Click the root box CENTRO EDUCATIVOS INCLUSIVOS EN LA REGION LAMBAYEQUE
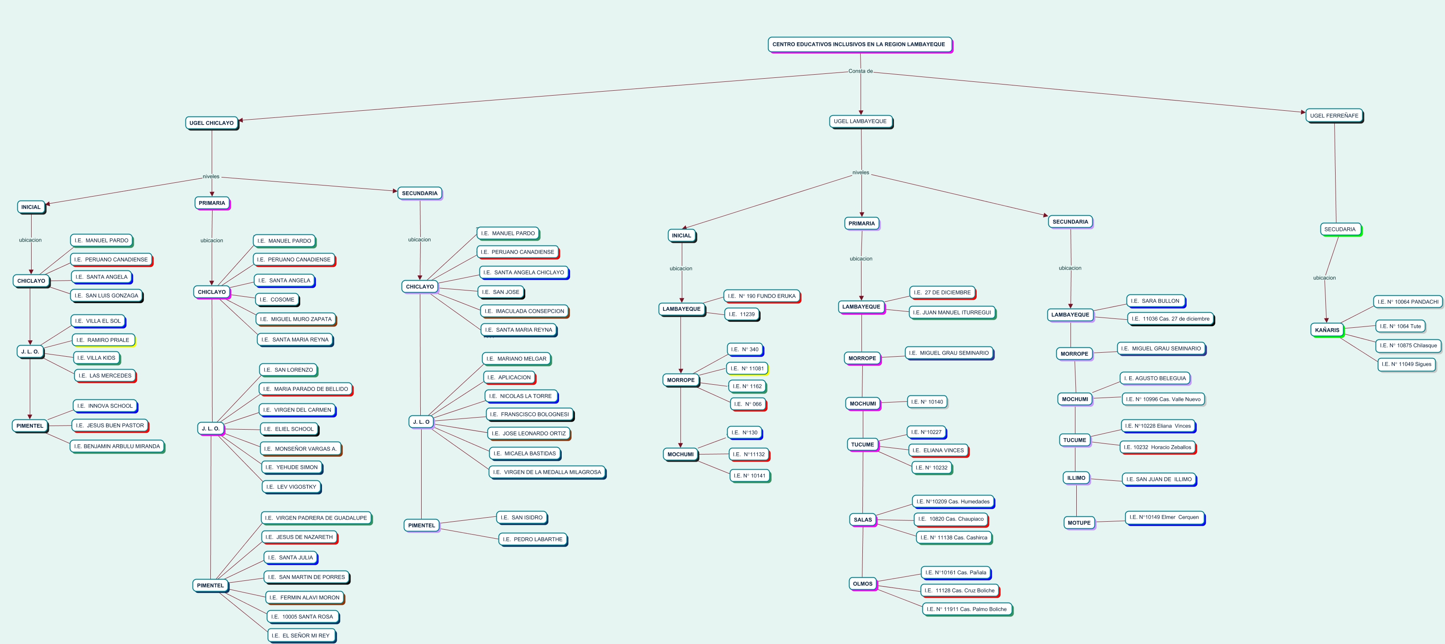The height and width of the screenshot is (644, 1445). (859, 44)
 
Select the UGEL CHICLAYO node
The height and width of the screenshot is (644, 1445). (211, 123)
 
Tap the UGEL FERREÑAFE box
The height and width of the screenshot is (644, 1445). (1334, 116)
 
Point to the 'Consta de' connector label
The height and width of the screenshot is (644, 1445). (861, 71)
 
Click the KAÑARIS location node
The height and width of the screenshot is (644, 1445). (1327, 330)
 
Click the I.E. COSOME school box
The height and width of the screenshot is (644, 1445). (277, 300)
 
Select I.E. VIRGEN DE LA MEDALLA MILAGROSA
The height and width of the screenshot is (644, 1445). (547, 472)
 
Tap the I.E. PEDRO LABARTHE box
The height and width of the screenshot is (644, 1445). (532, 539)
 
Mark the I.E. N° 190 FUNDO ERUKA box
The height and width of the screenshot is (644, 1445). (761, 296)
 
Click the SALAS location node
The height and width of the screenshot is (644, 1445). (862, 519)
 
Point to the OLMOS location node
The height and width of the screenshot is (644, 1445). (862, 584)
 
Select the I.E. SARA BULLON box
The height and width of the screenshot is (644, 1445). (1155, 301)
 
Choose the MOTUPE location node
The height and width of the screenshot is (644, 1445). (1079, 523)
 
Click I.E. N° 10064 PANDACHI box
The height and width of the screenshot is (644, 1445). (1407, 302)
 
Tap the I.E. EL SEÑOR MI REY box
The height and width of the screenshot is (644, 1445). (301, 636)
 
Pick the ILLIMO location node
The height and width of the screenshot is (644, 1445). (1076, 478)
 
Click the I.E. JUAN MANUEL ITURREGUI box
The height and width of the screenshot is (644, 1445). (951, 313)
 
